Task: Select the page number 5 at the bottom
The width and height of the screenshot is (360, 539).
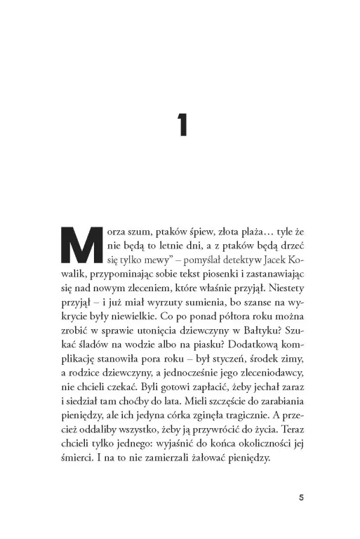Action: coord(300,498)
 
